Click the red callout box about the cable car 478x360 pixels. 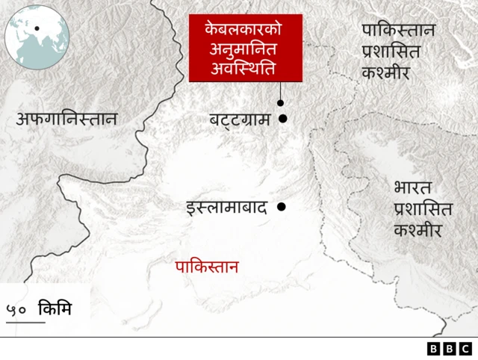tap(246, 48)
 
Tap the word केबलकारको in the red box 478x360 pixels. tap(245, 30)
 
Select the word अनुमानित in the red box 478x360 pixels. tap(245, 49)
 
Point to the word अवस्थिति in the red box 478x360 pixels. tap(245, 69)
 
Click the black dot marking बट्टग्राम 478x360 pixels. tap(283, 118)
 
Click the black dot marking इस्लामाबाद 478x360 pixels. tap(282, 207)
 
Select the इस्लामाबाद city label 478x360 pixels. tap(226, 208)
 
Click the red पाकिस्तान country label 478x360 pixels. tap(207, 267)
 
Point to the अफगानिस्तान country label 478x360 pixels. tap(67, 118)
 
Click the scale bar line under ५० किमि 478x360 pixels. tap(25, 323)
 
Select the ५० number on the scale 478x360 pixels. tap(18, 308)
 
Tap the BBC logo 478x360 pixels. tap(450, 349)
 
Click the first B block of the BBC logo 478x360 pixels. tap(434, 349)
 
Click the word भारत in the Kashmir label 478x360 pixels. tap(412, 187)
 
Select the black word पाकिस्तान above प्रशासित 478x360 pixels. tap(398, 31)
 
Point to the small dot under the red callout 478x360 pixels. tap(280, 104)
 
